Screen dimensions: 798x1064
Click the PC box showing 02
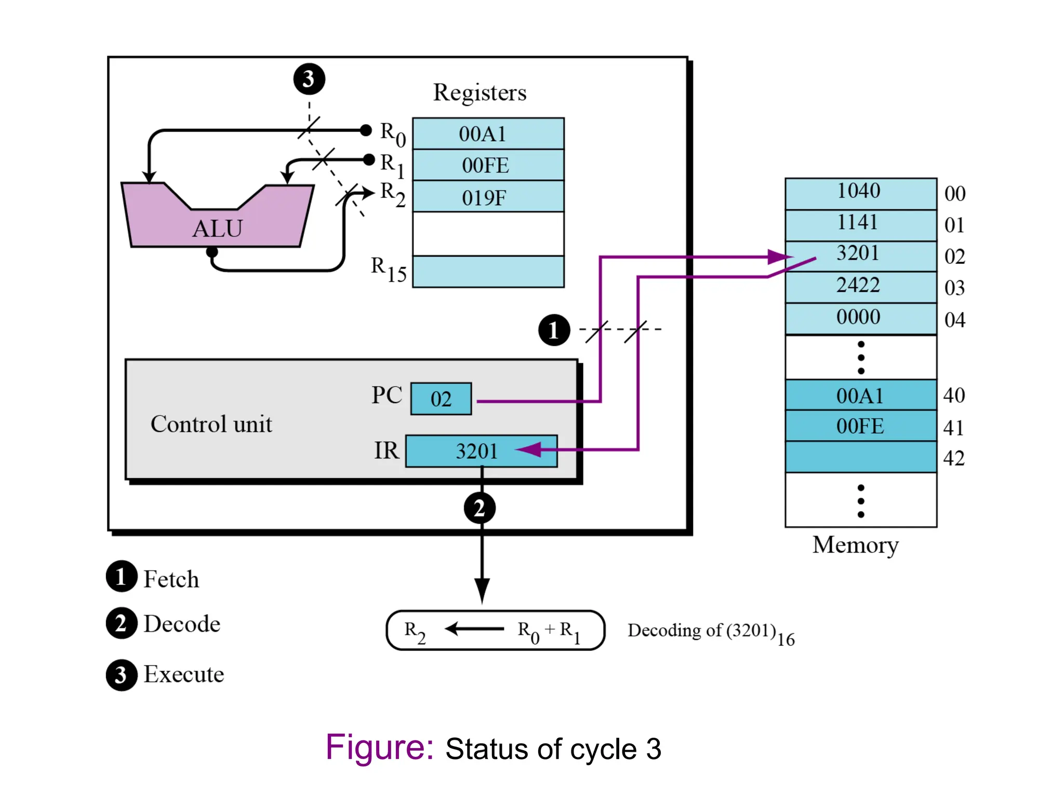(x=441, y=399)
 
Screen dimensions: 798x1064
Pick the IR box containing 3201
(x=481, y=451)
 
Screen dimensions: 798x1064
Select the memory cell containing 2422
(x=860, y=286)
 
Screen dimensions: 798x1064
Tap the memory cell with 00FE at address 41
(x=860, y=426)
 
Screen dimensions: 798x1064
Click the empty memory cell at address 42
(x=860, y=457)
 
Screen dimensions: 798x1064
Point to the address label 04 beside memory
(x=954, y=320)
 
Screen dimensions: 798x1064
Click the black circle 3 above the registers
(x=309, y=79)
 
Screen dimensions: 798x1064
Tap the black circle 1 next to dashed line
(x=554, y=330)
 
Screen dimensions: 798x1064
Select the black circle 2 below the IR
(x=480, y=508)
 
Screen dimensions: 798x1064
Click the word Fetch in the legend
(x=171, y=579)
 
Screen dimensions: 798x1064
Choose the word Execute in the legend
(x=183, y=674)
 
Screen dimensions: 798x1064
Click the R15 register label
(x=388, y=270)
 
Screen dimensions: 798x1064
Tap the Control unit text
(x=211, y=424)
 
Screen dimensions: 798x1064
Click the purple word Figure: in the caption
(x=379, y=748)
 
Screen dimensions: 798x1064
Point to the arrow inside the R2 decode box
(x=474, y=629)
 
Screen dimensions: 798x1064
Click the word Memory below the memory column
(x=855, y=545)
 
